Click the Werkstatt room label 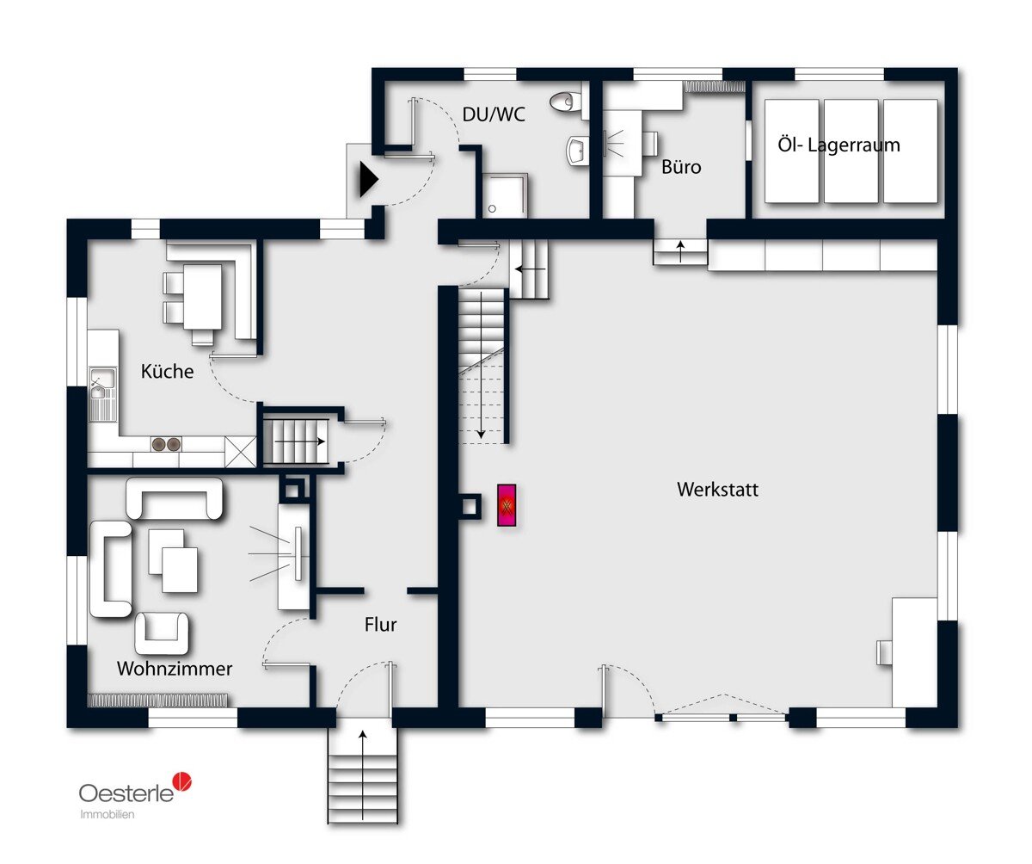coord(717,489)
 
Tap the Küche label coord(167,371)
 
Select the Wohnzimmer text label coord(175,669)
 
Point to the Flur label coord(381,624)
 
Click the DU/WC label coord(494,114)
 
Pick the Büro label coord(681,167)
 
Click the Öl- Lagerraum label coord(838,145)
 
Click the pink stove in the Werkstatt coord(507,505)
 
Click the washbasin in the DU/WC coord(576,150)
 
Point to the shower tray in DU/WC coord(504,195)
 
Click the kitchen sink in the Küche coord(102,394)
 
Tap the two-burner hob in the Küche coord(166,444)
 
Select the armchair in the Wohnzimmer coord(162,633)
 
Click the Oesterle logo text coord(126,793)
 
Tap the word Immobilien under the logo coord(107,815)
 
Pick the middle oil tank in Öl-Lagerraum coord(851,151)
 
